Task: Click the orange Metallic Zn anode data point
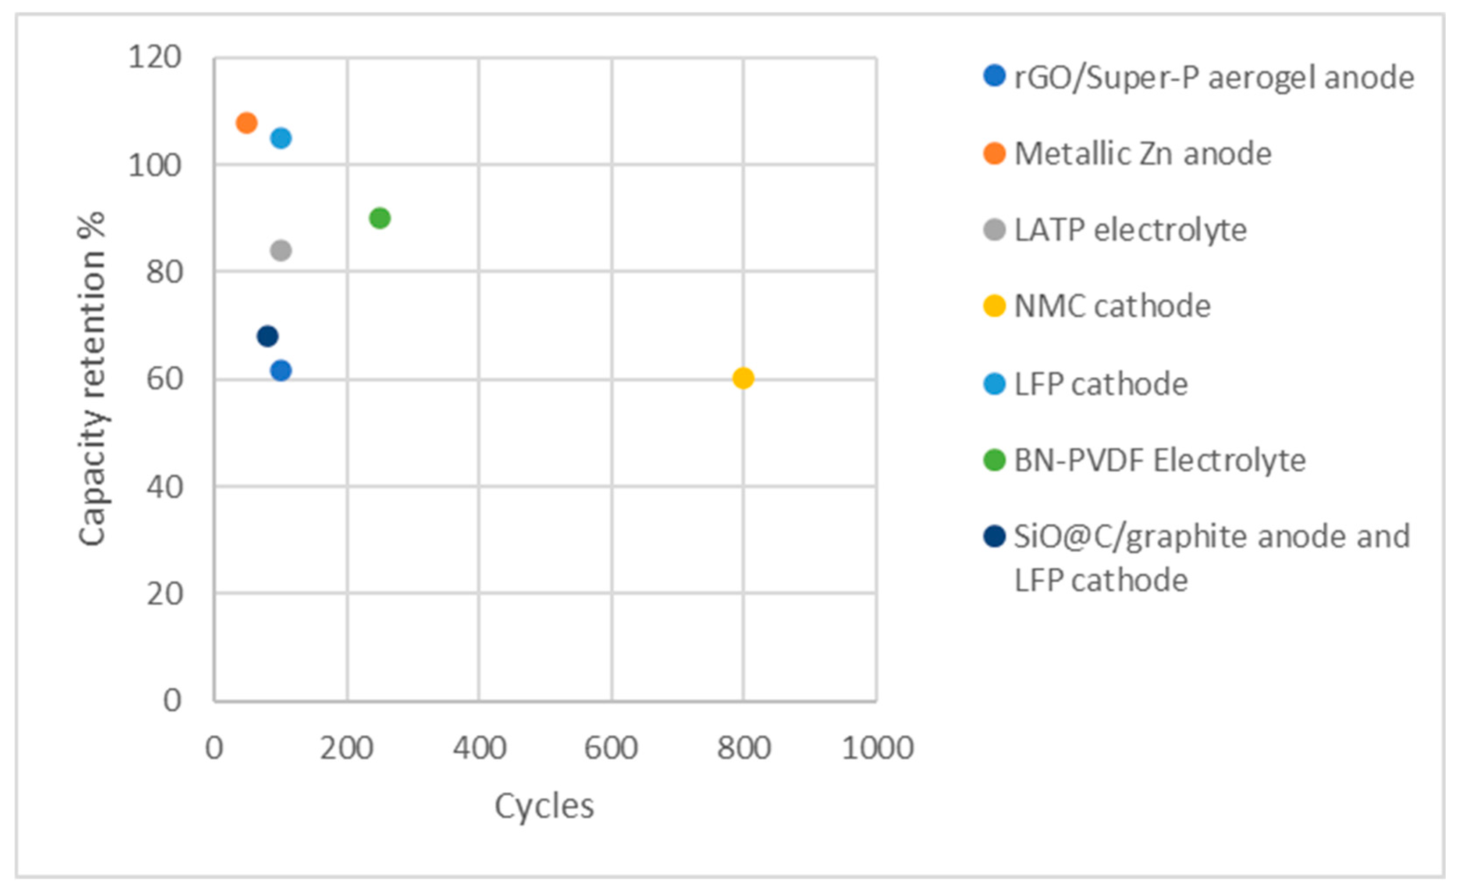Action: (246, 123)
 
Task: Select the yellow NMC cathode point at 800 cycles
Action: (743, 378)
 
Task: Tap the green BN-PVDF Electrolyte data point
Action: (379, 218)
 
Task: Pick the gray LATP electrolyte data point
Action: (281, 250)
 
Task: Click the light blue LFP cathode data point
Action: (281, 139)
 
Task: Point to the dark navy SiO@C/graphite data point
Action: (267, 336)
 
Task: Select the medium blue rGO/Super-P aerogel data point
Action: (281, 371)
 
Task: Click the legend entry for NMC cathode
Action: (1113, 306)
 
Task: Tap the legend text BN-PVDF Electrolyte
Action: (1160, 460)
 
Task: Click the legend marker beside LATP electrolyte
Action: (994, 230)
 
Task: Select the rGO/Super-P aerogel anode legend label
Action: (1213, 78)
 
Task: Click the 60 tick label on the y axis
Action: (164, 379)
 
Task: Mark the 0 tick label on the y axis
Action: (172, 701)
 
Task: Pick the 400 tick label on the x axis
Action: (479, 748)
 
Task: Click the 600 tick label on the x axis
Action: (611, 748)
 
